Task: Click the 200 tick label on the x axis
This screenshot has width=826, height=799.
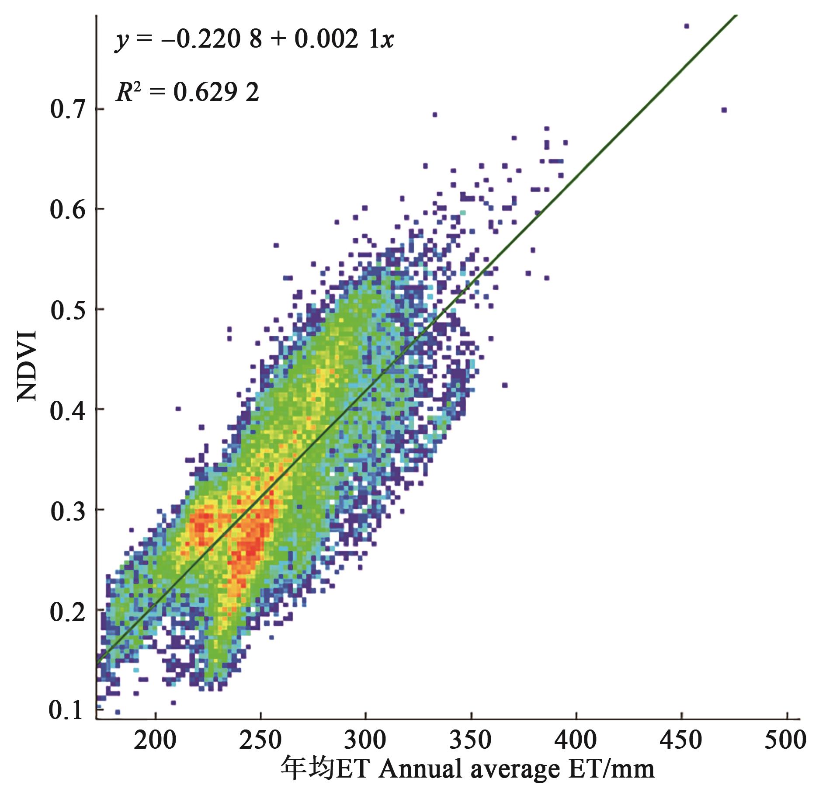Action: (155, 740)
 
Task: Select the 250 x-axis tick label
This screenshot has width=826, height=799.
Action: (260, 740)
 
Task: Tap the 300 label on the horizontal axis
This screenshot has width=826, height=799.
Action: (365, 740)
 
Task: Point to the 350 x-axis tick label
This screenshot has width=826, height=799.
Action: (471, 740)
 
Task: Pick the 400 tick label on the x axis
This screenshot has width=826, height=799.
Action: (576, 740)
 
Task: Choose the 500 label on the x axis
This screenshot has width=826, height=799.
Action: (786, 740)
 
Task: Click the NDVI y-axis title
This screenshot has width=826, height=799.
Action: (27, 366)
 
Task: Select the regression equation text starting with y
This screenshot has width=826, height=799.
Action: (255, 40)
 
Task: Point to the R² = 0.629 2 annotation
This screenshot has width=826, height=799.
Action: (187, 92)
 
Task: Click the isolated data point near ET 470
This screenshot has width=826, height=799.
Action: (724, 110)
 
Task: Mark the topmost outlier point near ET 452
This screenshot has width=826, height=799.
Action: (686, 26)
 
